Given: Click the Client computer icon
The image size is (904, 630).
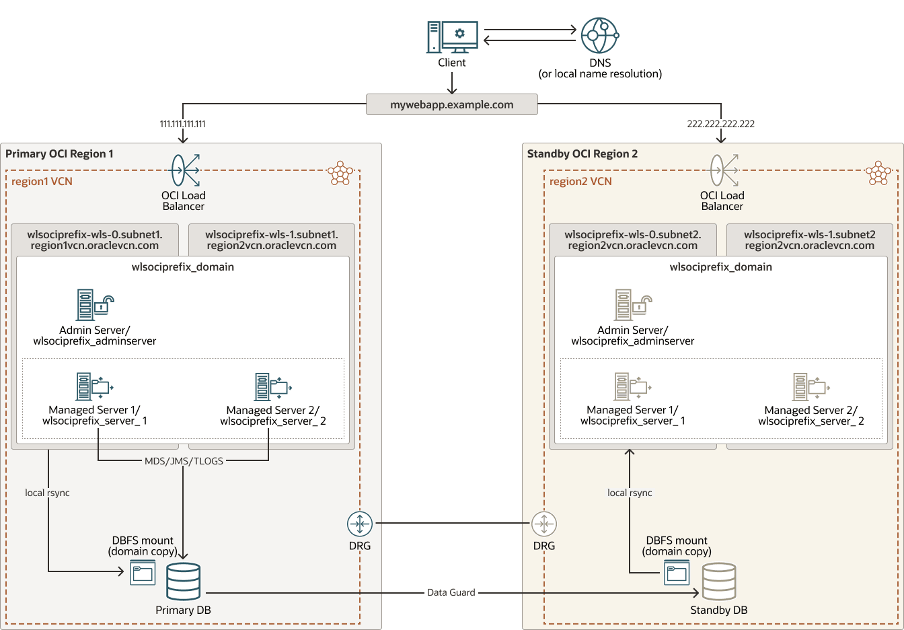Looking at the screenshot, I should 452,37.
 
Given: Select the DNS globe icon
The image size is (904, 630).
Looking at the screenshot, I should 599,36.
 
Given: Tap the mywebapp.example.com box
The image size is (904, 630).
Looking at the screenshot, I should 452,104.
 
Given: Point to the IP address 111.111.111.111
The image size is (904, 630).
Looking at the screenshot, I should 182,124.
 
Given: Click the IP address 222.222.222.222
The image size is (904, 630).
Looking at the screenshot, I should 720,124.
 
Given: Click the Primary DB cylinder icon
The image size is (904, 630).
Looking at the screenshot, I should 184,582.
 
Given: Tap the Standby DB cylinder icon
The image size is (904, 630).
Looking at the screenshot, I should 719,582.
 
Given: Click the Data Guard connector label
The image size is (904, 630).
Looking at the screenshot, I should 451,592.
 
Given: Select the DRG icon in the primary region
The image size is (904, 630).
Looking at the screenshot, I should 360,524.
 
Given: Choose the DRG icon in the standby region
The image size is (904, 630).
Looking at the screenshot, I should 544,524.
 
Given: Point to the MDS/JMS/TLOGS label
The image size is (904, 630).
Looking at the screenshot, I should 184,461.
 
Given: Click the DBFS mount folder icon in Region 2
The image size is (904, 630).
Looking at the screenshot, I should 677,573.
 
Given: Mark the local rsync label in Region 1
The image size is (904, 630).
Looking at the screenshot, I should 47,493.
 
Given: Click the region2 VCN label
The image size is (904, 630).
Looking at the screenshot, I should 580,182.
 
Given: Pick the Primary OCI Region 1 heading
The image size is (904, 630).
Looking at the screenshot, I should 59,153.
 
